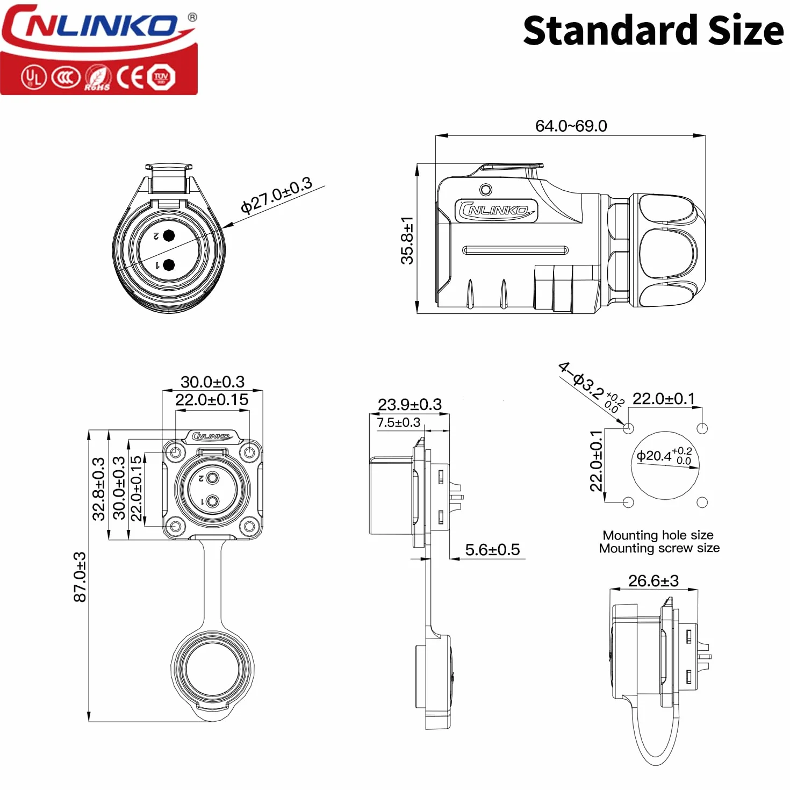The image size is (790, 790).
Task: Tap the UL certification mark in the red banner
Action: [x=34, y=77]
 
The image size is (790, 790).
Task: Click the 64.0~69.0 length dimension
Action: [x=571, y=126]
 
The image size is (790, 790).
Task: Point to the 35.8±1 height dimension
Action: [x=407, y=240]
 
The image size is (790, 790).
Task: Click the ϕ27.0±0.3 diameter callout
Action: [x=276, y=195]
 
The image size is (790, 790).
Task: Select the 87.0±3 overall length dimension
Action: [x=80, y=577]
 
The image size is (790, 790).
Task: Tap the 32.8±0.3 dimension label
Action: [x=99, y=489]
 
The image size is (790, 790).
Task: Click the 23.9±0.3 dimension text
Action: [x=410, y=404]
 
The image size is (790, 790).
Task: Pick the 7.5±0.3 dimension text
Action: [x=398, y=422]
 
